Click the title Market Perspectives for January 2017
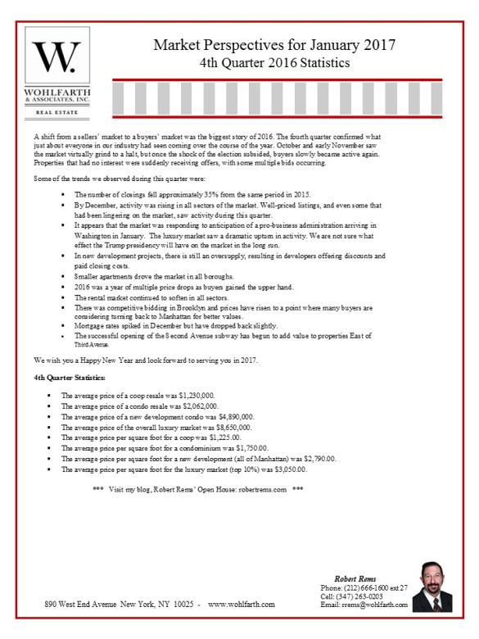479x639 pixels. coord(274,45)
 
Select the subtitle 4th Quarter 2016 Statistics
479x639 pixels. coord(274,62)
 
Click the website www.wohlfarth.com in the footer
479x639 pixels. coord(242,605)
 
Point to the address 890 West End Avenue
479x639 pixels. coord(89,605)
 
